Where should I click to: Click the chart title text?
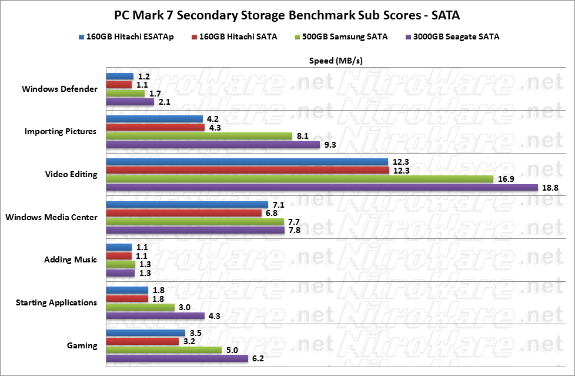click(287, 14)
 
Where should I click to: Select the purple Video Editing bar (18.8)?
click(322, 188)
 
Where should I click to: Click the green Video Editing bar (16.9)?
click(299, 179)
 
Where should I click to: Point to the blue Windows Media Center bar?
click(187, 205)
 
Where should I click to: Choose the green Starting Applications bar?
click(140, 307)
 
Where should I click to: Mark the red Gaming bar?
click(142, 341)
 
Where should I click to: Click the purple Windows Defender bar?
click(130, 102)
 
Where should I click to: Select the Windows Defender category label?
click(59, 89)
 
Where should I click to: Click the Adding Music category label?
click(71, 259)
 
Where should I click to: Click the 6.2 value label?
click(258, 358)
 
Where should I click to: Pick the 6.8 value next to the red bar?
click(271, 213)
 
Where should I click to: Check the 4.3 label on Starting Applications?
click(214, 316)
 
